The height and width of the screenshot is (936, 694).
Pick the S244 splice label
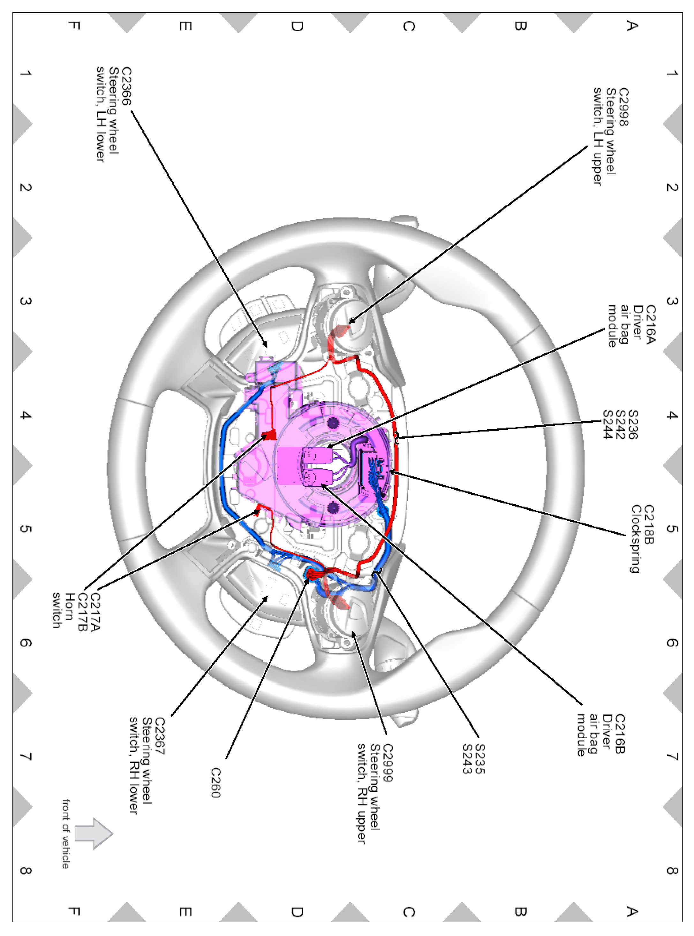click(x=607, y=424)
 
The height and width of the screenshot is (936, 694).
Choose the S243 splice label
click(x=467, y=759)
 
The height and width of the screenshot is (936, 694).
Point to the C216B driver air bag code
click(x=620, y=734)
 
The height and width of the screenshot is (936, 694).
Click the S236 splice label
click(x=633, y=424)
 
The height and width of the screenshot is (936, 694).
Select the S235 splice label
click(x=479, y=759)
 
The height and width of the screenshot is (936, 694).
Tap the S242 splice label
click(x=620, y=424)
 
